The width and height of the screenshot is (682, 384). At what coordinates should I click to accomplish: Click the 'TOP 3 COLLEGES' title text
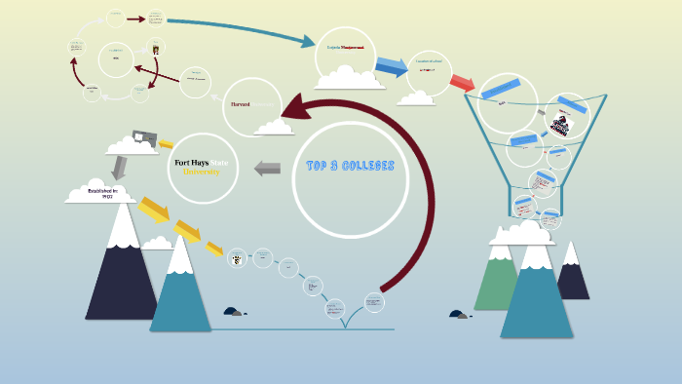350,166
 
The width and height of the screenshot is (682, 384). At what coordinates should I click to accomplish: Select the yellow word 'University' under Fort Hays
202,172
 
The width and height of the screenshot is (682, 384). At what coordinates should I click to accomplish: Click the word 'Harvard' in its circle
240,103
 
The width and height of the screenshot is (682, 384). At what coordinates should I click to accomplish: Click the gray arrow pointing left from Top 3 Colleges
267,168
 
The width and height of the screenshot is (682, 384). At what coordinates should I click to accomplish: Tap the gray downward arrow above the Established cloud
118,167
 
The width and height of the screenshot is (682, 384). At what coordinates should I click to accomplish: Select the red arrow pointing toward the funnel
462,82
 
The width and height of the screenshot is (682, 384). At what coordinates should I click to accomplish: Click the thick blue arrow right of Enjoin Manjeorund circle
392,66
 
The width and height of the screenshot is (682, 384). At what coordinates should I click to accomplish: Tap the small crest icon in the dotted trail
236,258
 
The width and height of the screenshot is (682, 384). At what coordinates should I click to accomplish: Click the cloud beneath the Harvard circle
275,126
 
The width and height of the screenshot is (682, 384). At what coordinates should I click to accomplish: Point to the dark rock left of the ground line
232,312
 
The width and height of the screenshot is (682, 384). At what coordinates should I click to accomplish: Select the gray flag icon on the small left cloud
144,137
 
